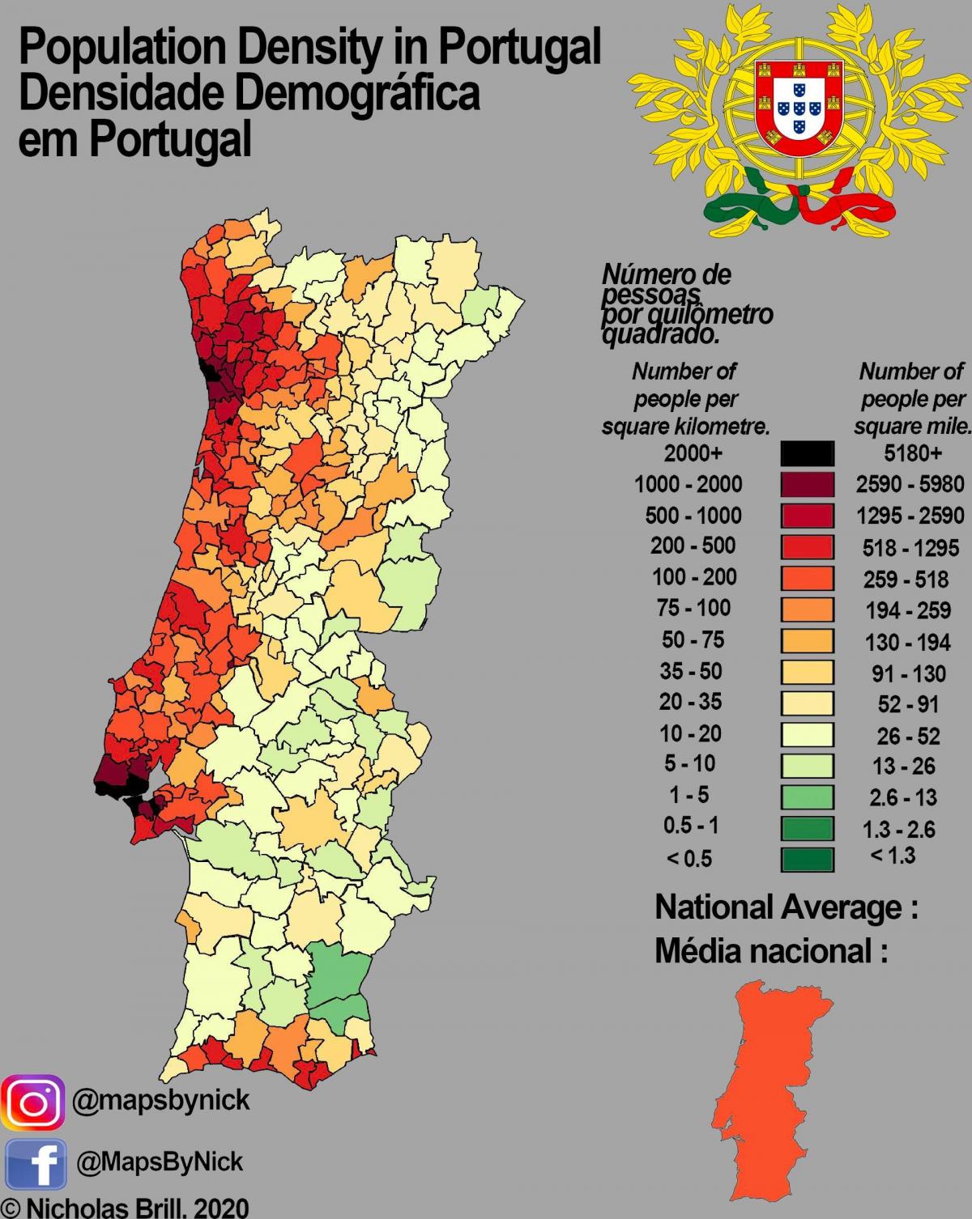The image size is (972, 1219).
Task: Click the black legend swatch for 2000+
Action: [x=807, y=453]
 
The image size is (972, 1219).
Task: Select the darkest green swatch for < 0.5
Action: [x=807, y=859]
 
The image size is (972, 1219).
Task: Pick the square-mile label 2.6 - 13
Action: [x=903, y=797]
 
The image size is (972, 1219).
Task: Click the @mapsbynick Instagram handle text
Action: [x=161, y=1101]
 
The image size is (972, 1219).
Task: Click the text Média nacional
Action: [x=770, y=953]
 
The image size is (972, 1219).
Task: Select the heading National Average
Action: [x=786, y=907]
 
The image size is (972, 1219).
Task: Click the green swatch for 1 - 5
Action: [x=807, y=797]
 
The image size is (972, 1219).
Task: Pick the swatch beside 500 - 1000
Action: [x=807, y=516]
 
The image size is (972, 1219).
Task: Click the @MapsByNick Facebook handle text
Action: [x=160, y=1162]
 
